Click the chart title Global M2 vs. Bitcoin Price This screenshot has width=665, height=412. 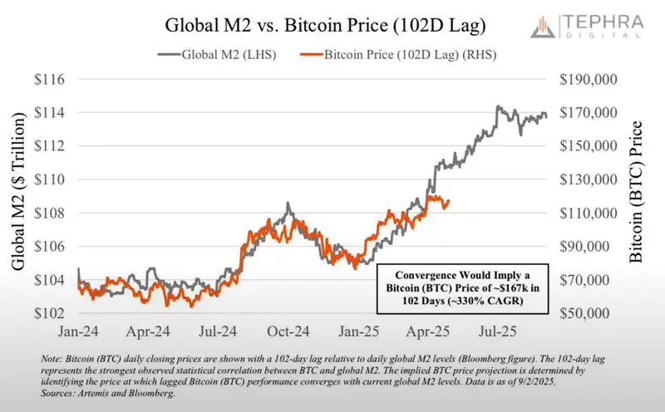(325, 26)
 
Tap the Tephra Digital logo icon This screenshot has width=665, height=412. (543, 27)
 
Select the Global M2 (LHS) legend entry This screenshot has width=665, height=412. (217, 55)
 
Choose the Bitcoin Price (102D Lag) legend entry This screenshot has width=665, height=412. (398, 55)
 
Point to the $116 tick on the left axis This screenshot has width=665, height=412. (50, 79)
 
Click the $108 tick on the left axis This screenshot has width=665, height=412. (50, 213)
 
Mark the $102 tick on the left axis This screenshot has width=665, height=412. (50, 313)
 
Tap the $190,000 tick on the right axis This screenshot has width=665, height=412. (589, 79)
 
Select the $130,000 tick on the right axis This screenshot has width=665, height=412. (589, 179)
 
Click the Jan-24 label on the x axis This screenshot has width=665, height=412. (78, 331)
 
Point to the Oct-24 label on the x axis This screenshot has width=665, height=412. (288, 331)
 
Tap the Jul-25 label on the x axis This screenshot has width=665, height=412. (497, 331)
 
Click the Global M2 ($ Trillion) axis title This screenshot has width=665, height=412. (17, 192)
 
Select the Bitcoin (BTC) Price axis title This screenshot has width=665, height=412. (636, 192)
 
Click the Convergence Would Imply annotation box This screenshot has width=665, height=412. (463, 288)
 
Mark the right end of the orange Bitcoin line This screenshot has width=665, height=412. (449, 201)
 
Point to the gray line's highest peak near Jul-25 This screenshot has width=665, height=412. (497, 106)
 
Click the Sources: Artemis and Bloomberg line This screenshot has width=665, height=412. (108, 394)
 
